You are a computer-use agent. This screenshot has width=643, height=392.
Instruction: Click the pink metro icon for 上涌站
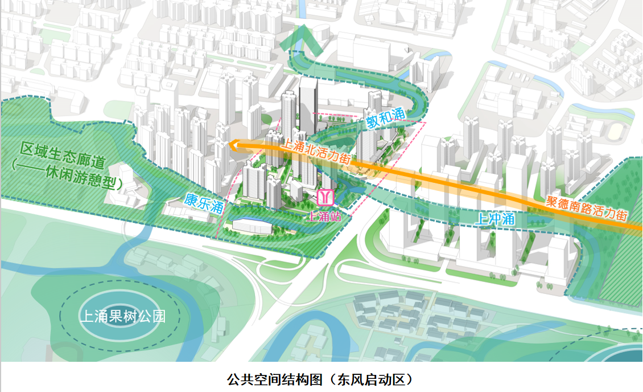tap(326, 198)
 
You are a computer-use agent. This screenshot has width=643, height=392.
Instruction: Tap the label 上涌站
tap(324, 217)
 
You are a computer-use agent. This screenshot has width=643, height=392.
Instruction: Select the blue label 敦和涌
tap(385, 117)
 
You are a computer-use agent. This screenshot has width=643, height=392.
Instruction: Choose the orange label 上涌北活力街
tap(316, 152)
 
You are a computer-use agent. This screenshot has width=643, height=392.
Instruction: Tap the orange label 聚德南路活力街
tap(587, 209)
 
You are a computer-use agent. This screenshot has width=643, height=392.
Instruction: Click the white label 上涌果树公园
tap(122, 316)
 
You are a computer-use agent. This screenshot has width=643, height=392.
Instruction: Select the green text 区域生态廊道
tap(63, 156)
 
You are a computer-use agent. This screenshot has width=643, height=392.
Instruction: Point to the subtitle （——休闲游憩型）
tap(67, 177)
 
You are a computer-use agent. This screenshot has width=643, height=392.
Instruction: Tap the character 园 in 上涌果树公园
tap(159, 316)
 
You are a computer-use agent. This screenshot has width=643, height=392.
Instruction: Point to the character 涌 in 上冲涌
tap(508, 218)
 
